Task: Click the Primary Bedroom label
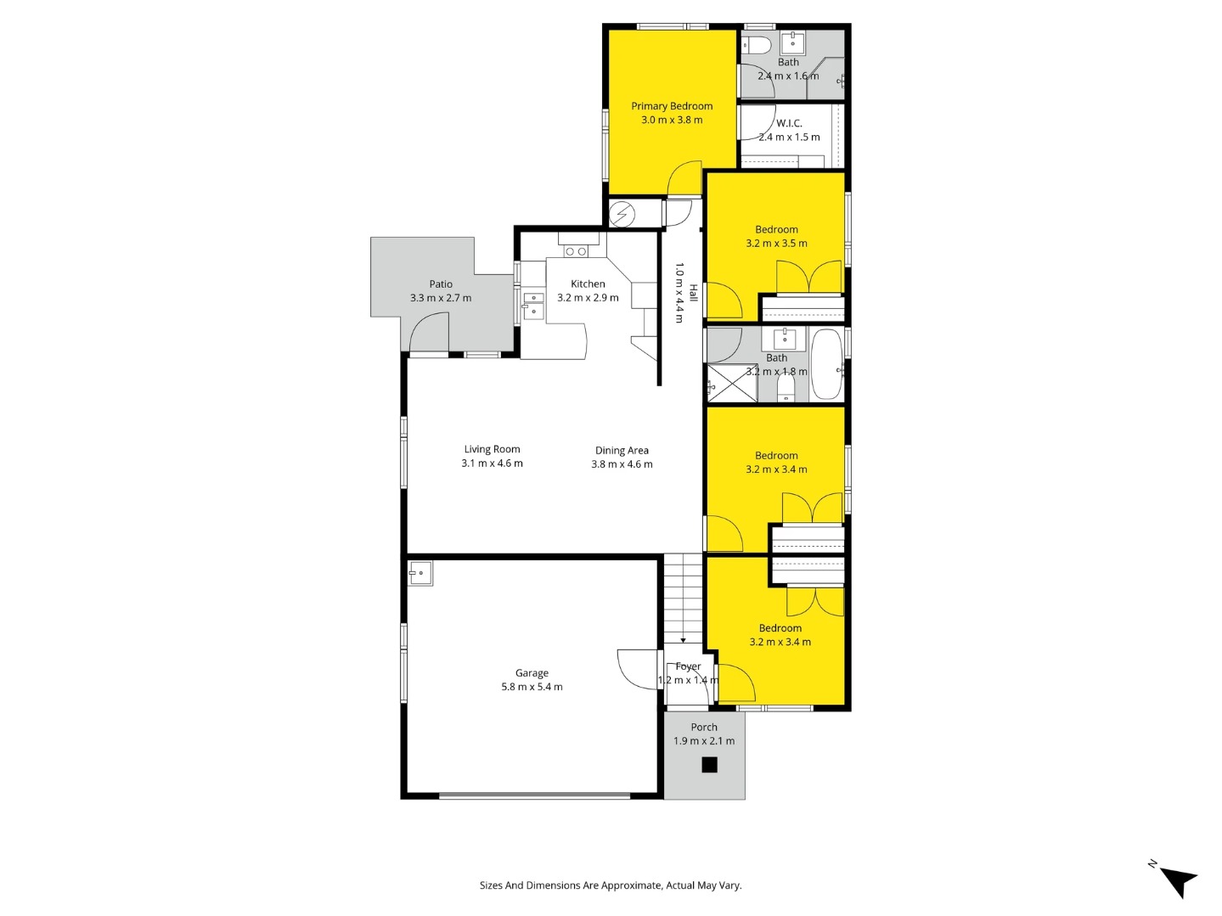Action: pyautogui.click(x=672, y=106)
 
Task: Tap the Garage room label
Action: pyautogui.click(x=532, y=673)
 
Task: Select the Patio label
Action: pyautogui.click(x=441, y=284)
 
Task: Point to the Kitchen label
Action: pyautogui.click(x=588, y=284)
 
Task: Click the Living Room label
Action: pyautogui.click(x=493, y=449)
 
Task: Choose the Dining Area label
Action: pyautogui.click(x=622, y=450)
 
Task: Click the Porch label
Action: pyautogui.click(x=704, y=727)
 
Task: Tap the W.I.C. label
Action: pyautogui.click(x=789, y=123)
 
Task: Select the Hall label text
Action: pyautogui.click(x=694, y=293)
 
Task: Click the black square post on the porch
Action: pyautogui.click(x=709, y=765)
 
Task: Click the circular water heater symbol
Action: pyautogui.click(x=622, y=213)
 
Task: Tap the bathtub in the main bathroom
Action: pyautogui.click(x=825, y=364)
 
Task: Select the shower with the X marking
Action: pyautogui.click(x=732, y=383)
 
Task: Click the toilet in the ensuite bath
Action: pyautogui.click(x=757, y=43)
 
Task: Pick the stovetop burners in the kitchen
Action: pyautogui.click(x=576, y=251)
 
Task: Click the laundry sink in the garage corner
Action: pyautogui.click(x=420, y=573)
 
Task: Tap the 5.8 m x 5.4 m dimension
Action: pyautogui.click(x=532, y=687)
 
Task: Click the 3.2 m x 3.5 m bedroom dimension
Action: pyautogui.click(x=776, y=243)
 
